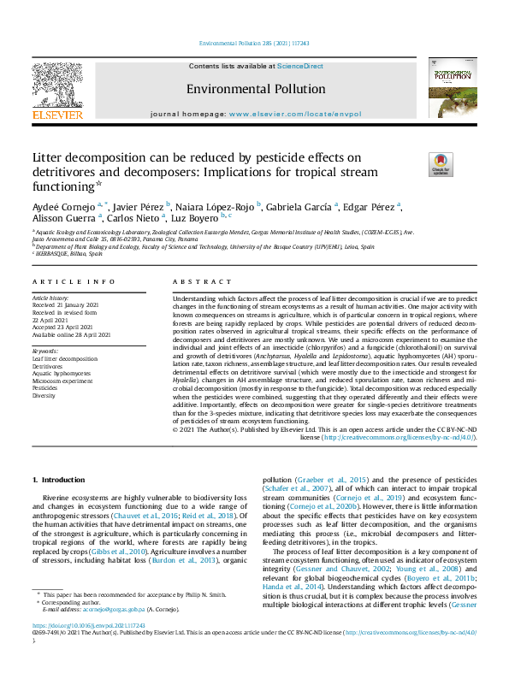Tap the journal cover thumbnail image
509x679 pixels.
click(453, 94)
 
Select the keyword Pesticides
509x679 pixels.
click(46, 387)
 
